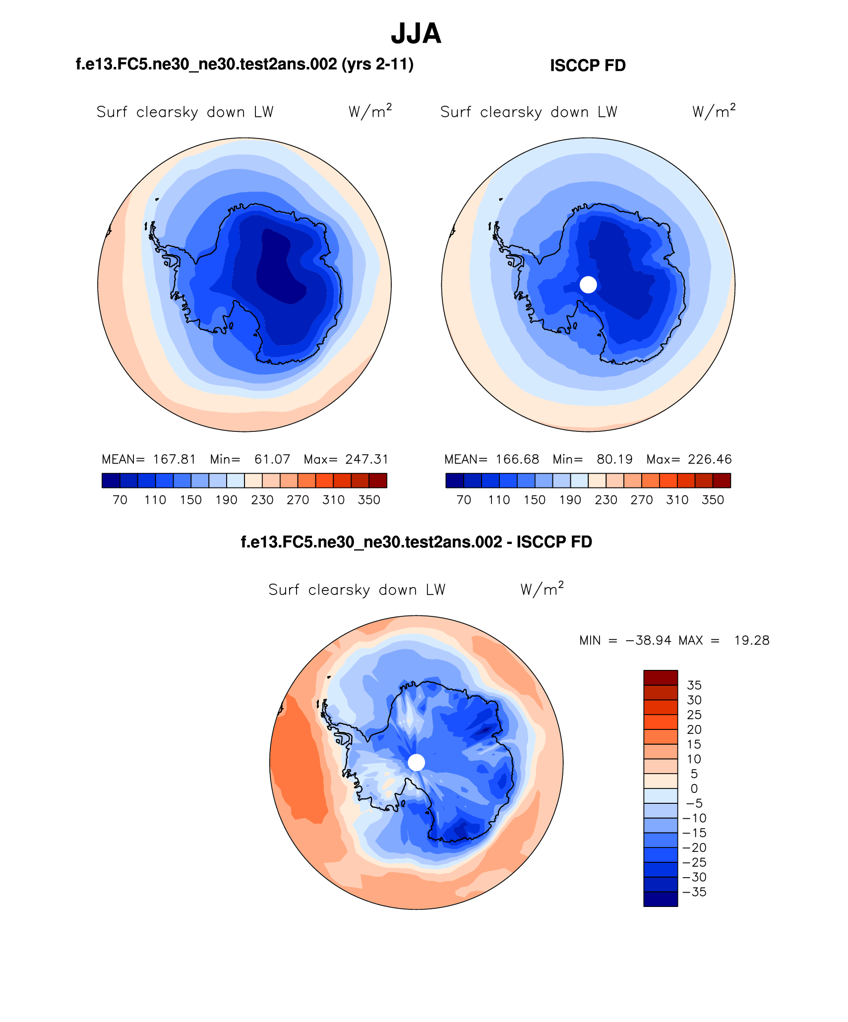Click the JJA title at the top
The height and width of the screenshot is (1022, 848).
click(416, 34)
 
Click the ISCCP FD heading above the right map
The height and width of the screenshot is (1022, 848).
click(588, 65)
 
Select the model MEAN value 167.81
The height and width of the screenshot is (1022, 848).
click(174, 459)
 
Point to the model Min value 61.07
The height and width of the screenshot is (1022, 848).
click(272, 459)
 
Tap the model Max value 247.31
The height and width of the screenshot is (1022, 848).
click(367, 459)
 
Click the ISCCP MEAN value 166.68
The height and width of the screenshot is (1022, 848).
click(517, 459)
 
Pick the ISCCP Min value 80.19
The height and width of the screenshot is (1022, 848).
click(614, 459)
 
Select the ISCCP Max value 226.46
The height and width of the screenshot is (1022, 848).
click(710, 459)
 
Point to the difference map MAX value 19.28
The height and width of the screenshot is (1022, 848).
click(752, 640)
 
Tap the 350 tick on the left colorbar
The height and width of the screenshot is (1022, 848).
click(369, 500)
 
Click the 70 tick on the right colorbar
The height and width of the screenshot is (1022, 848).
click(464, 500)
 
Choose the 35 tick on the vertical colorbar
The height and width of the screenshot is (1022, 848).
click(694, 685)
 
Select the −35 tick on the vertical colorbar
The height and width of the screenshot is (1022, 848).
click(694, 892)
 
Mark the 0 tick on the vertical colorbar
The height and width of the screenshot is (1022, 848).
click(694, 788)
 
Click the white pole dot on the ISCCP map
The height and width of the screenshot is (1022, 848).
click(588, 285)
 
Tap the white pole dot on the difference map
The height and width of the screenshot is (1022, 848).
click(416, 763)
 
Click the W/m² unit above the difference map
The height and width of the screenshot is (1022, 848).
click(542, 589)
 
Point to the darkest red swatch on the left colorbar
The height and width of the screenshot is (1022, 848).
click(378, 481)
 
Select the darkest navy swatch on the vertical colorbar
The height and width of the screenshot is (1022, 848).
click(661, 899)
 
